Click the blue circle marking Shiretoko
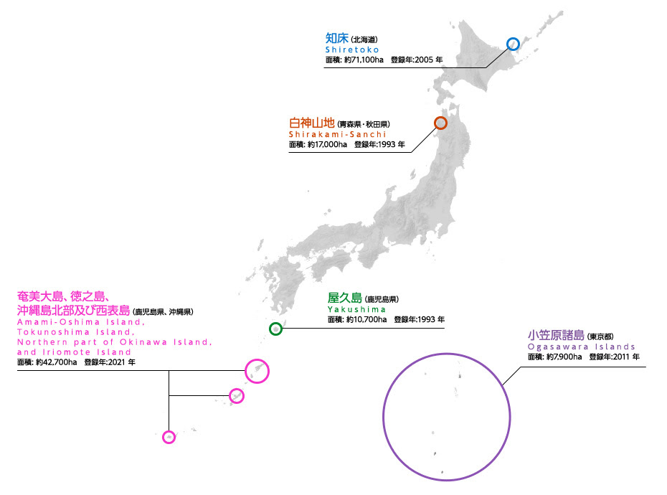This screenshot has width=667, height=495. coord(513,44)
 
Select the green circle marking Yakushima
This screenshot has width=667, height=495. coord(275,329)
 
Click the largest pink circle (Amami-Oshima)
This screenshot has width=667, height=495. coord(257,371)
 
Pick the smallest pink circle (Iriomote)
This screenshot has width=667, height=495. coord(169,436)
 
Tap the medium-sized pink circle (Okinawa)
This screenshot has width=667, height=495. coord(236,395)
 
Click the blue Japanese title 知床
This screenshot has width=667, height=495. coord(337,38)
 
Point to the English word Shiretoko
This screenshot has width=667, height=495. coord(351,49)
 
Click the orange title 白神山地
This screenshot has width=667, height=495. coord(311,122)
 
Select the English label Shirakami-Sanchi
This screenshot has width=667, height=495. coord(337,134)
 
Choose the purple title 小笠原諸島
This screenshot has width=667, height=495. coord(556,335)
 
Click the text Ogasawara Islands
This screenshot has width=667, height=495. coord(582,346)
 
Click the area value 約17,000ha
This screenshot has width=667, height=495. coord(327,144)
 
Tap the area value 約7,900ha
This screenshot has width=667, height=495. coord(562,357)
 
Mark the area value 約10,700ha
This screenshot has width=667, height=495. coord(366,319)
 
